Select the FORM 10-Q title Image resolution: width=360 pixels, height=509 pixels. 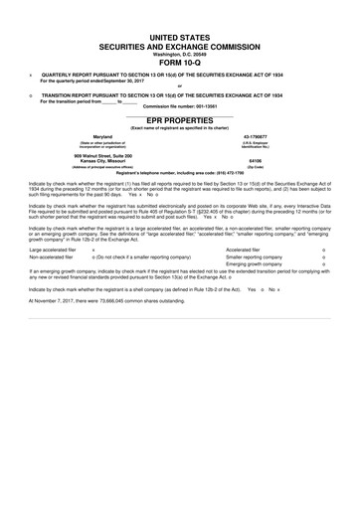coord(179,62)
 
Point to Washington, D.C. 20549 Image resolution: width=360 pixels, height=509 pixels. coord(179,54)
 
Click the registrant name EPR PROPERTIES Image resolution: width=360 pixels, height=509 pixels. coord(179,116)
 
